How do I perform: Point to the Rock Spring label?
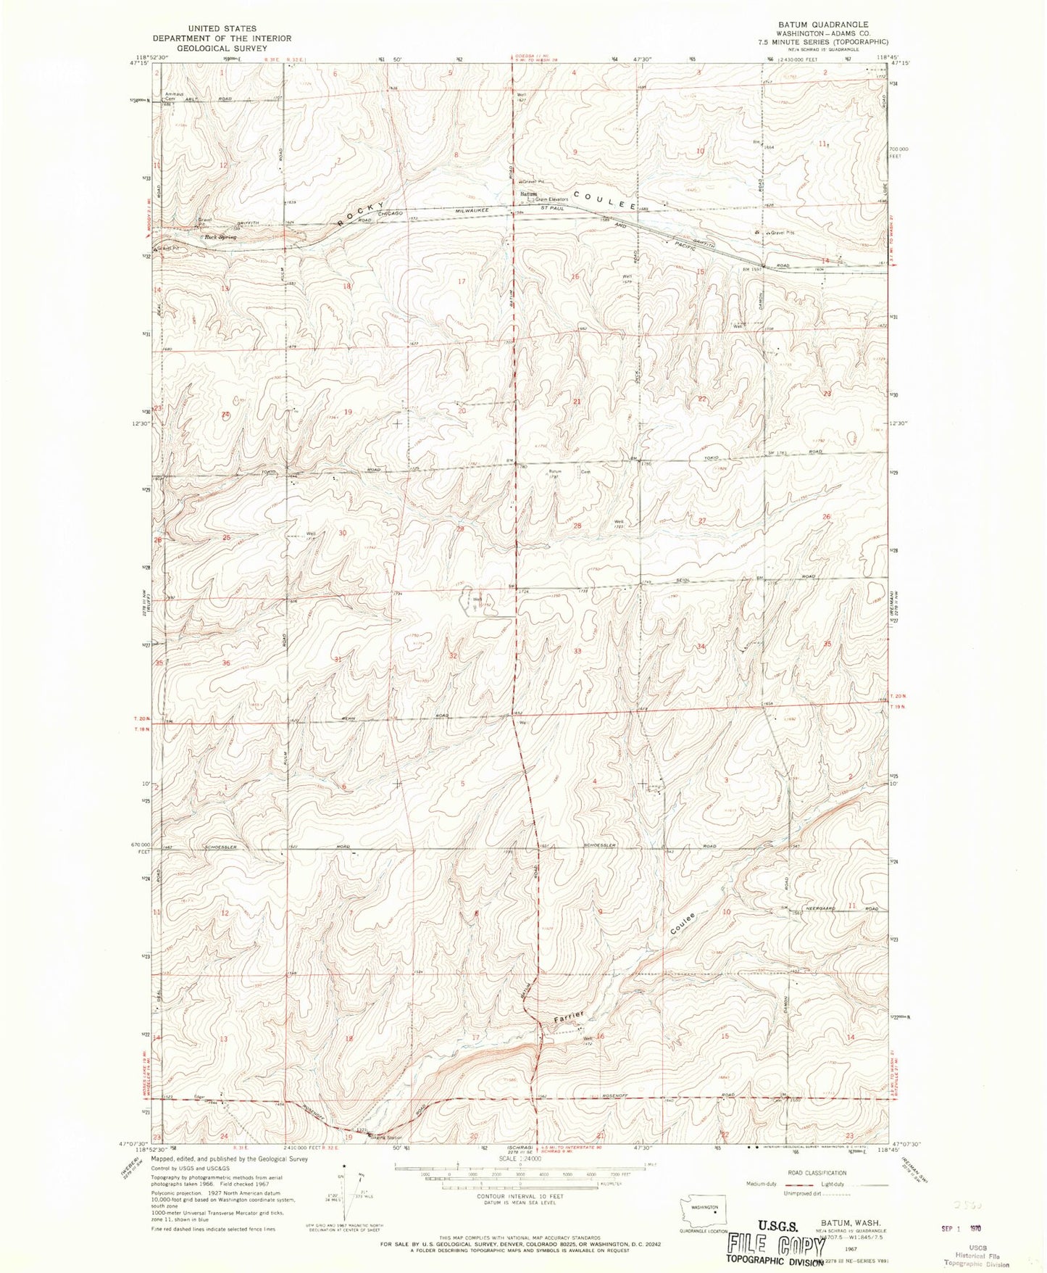click(x=220, y=236)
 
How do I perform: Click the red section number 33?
click(x=577, y=651)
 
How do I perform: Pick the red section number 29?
click(x=459, y=529)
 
